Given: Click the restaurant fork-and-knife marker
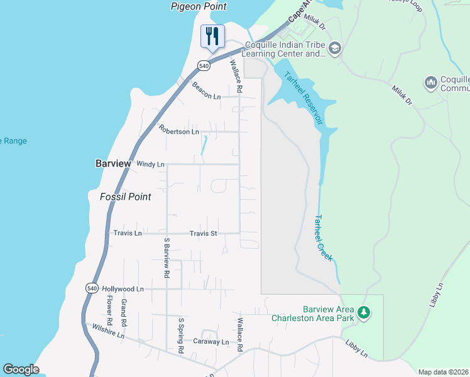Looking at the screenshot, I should tap(212, 36).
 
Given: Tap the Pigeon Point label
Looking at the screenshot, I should tap(199, 6).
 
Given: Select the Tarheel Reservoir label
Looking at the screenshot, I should tap(304, 98).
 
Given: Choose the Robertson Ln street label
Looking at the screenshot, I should tap(178, 130).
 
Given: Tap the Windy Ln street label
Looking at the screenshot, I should tap(150, 164).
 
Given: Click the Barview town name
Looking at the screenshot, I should tap(113, 163).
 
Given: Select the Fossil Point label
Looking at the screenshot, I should tap(126, 197).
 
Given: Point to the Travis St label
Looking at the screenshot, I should tap(203, 233).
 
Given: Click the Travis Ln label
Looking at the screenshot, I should tap(128, 233).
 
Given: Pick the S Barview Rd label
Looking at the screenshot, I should tap(167, 258).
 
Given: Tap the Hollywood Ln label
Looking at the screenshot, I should tap(123, 288).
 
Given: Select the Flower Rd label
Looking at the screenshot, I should tap(109, 310).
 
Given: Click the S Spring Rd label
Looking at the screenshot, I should tap(180, 334).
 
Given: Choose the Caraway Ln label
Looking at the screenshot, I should tap(212, 341).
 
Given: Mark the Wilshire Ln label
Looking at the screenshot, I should tap(108, 331).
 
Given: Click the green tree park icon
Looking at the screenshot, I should tap(363, 312).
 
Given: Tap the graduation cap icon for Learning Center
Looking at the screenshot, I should tap(335, 48).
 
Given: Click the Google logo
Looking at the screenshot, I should tap(21, 369).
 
